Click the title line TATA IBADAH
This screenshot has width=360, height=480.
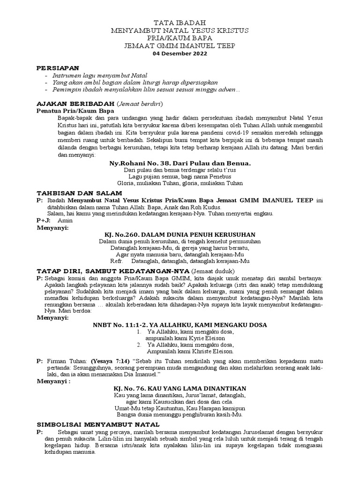coord(180,22)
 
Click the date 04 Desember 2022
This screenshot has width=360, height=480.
coord(180,53)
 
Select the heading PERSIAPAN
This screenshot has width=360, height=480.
coord(58,67)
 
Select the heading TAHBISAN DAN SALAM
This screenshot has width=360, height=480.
coord(79,193)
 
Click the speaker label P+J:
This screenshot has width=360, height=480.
coord(43,219)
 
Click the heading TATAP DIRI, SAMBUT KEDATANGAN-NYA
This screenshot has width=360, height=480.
coord(113,271)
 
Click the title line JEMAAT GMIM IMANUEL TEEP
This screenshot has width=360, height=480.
coord(180,45)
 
